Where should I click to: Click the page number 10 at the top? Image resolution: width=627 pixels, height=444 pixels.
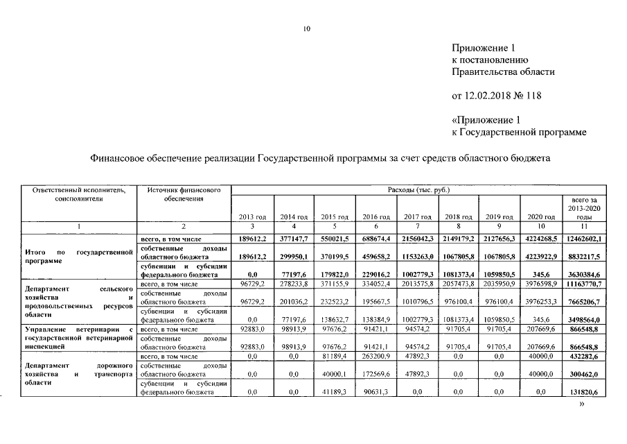tap(307, 28)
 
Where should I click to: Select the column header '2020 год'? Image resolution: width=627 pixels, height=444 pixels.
tap(540, 217)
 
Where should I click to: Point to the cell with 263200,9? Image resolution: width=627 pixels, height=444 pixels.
tap(376, 357)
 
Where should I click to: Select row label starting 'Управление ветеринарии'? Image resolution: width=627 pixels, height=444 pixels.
tap(78, 339)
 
